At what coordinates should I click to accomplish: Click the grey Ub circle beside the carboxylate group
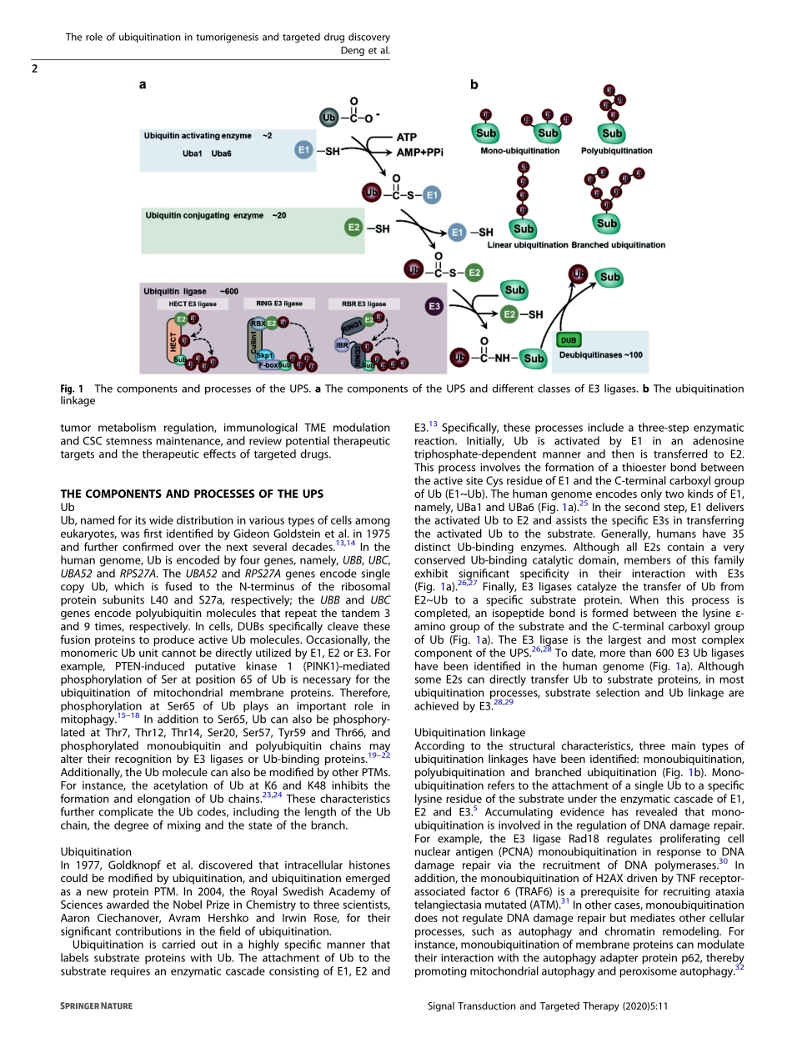point(328,118)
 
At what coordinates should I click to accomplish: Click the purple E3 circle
point(434,308)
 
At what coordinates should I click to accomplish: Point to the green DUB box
point(570,341)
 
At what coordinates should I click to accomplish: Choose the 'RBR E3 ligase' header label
point(358,304)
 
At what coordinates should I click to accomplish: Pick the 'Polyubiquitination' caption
point(616,151)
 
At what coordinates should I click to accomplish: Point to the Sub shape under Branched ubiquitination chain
point(607,223)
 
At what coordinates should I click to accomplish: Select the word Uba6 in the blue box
point(221,154)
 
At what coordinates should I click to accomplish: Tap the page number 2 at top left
point(34,68)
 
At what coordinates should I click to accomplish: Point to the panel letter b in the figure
point(474,84)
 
